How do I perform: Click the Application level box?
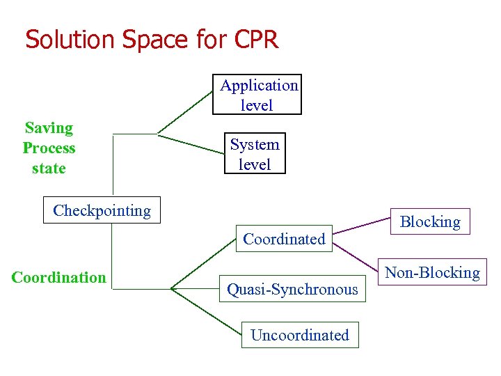tap(257, 95)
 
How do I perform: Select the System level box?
tap(255, 154)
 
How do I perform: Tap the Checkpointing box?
tap(102, 210)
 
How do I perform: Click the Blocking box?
tap(430, 221)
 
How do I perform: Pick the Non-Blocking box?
tap(432, 272)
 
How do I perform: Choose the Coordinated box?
tap(284, 239)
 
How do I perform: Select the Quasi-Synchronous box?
tap(292, 289)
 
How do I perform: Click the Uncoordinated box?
tap(300, 335)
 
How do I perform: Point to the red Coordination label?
tap(59, 277)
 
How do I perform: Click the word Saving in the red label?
tap(49, 128)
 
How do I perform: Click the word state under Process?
tap(49, 169)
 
